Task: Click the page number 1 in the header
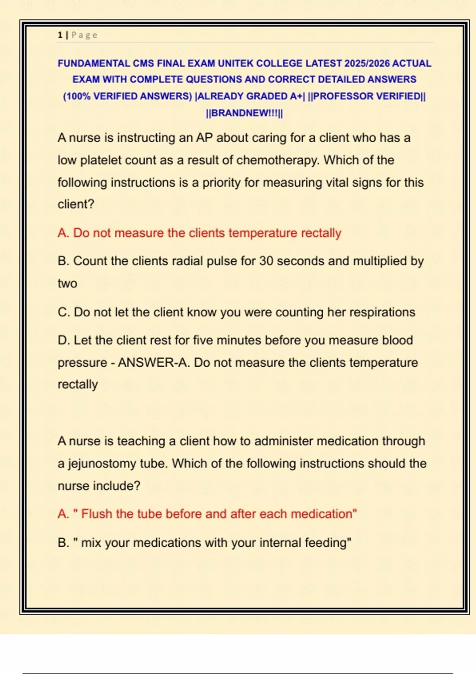tap(60, 35)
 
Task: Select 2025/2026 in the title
tap(367, 63)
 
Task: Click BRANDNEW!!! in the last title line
tap(244, 113)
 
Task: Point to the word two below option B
tap(67, 283)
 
